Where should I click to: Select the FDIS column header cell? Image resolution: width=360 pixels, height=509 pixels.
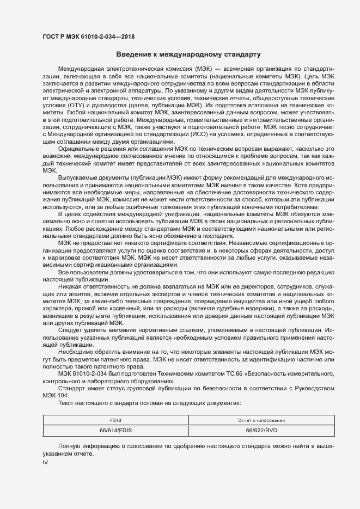[x=116, y=420]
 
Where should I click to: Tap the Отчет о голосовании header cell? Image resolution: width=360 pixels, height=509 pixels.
[x=261, y=420]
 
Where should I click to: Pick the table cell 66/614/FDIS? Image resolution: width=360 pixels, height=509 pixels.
[x=116, y=430]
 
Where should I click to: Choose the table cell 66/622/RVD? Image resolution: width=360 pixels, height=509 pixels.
[x=261, y=430]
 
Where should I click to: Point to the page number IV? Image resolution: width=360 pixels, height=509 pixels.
[x=46, y=462]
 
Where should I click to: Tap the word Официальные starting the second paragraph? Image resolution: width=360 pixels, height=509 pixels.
[x=79, y=149]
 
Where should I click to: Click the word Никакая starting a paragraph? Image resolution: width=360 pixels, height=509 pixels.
[x=71, y=286]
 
